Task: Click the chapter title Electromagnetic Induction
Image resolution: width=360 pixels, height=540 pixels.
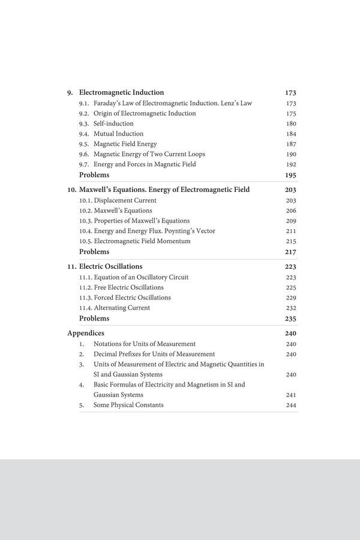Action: [121, 93]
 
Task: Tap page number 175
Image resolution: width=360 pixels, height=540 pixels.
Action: [291, 113]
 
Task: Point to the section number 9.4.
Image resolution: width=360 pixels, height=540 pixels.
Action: [85, 134]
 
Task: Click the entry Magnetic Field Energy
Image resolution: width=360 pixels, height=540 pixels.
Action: [125, 144]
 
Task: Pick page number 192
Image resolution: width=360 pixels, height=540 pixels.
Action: [291, 164]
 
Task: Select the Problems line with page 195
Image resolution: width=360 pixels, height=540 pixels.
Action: [94, 175]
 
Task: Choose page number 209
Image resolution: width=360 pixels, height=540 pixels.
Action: [291, 221]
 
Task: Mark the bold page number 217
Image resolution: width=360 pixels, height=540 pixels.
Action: [290, 252]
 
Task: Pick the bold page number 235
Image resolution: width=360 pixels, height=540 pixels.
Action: [290, 319]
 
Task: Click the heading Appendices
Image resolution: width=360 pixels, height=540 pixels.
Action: [86, 333]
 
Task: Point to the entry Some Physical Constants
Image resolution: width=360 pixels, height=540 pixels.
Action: [128, 405]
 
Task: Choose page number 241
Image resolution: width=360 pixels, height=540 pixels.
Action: [291, 395]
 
